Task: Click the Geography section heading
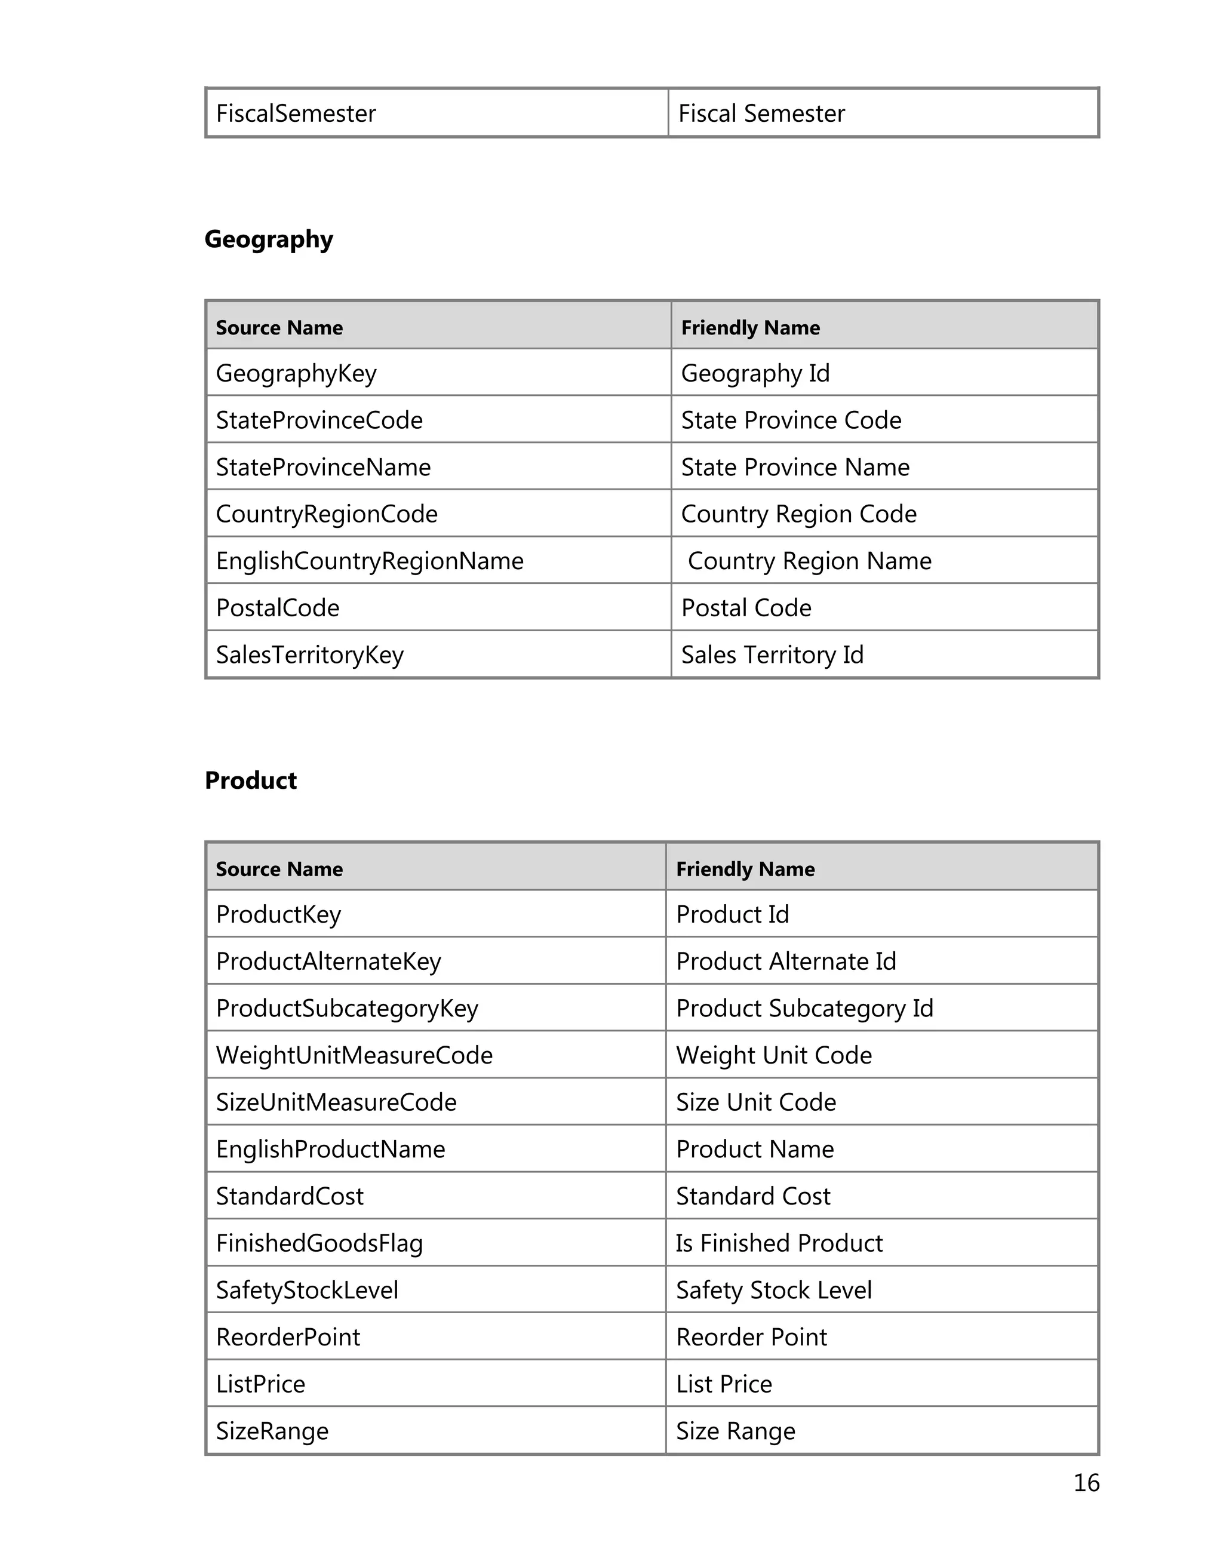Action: (268, 239)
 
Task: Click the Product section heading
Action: (250, 780)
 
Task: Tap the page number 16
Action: (1086, 1482)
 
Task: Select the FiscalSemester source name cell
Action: (296, 113)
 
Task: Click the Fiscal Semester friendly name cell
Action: (761, 113)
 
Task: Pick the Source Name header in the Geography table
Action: (279, 328)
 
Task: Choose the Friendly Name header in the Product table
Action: (745, 869)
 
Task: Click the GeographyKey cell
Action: (296, 373)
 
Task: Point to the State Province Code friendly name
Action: (791, 420)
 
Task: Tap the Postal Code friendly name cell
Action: (746, 608)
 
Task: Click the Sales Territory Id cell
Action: (772, 655)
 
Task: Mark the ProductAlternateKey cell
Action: (328, 961)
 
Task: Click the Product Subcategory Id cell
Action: (804, 1008)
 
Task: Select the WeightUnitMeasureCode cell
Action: (354, 1055)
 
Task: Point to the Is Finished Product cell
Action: (779, 1243)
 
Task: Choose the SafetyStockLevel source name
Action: (306, 1290)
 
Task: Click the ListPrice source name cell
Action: (260, 1384)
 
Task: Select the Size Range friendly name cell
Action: (735, 1431)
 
